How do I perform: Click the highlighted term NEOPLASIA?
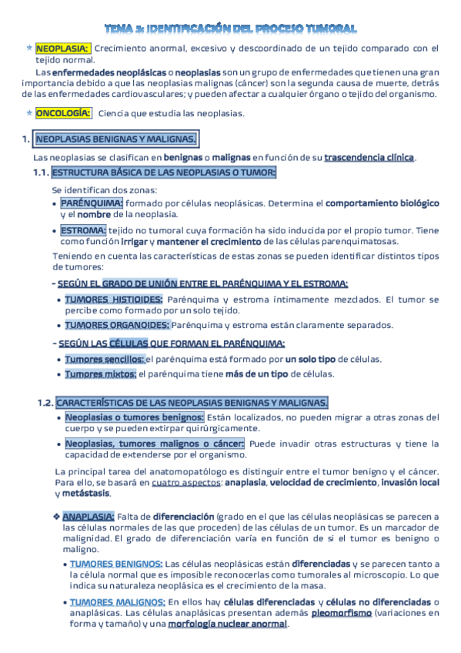pos(62,48)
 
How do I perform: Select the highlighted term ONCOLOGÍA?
pos(63,113)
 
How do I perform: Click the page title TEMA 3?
pos(230,28)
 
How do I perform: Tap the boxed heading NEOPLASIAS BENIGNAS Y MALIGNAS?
pos(116,139)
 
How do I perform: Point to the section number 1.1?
pos(42,172)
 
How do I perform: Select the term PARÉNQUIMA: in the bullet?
pos(92,203)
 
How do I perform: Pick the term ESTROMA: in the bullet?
pos(83,230)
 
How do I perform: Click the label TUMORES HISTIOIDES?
pos(113,299)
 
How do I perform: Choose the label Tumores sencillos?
pos(104,359)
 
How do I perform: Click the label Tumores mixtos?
pos(100,374)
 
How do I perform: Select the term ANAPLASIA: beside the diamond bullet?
pos(89,516)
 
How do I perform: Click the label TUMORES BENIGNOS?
pos(115,564)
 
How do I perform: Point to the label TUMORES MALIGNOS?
pos(116,601)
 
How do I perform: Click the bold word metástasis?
pos(81,493)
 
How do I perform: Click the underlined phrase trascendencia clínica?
pos(369,158)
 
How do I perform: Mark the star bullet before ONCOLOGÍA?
pos(28,113)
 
